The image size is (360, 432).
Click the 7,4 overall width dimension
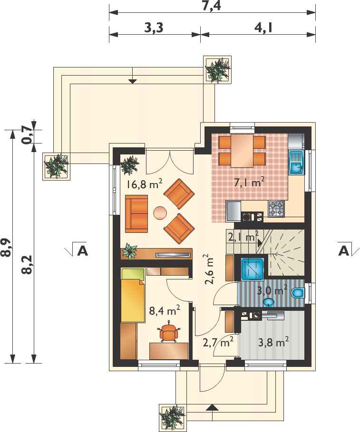coord(212,6)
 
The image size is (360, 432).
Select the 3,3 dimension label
coord(154,28)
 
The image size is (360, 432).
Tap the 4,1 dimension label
coord(263,28)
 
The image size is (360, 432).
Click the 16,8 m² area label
coord(144,184)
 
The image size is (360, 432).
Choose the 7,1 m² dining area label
coord(249,182)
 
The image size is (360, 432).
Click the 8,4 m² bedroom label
coord(165,310)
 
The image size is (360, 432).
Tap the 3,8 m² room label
coord(273,342)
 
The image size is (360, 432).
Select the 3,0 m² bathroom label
coord(272,290)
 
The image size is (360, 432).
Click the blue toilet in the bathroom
coord(298,293)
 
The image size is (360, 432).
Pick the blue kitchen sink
coord(296,162)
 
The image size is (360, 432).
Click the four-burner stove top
coord(276,209)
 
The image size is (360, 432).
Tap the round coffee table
coord(160,213)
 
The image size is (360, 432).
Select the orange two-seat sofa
coord(136,213)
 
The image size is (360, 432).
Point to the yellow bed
coord(133,295)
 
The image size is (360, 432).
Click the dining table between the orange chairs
coord(242,151)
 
